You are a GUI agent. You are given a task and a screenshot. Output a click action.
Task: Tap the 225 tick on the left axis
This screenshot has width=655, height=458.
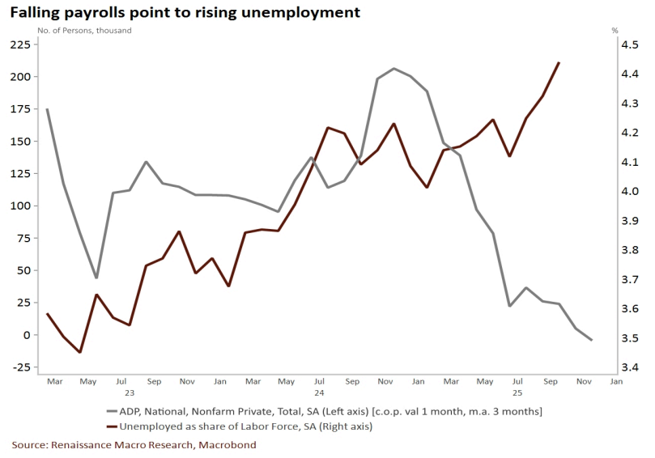20,45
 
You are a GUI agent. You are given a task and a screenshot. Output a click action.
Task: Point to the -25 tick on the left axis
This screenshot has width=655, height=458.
20,367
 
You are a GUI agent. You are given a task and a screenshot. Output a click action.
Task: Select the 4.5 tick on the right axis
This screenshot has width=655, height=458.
630,45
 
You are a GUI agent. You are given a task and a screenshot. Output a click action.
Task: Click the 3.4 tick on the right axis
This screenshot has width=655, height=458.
630,367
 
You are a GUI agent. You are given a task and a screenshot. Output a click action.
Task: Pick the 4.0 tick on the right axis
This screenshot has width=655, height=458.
630,192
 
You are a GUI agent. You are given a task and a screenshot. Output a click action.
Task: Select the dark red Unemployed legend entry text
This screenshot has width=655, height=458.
268,426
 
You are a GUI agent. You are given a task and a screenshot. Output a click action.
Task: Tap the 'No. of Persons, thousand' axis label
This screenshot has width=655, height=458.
84,30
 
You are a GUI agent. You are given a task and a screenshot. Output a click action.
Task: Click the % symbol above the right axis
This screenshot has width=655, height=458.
615,30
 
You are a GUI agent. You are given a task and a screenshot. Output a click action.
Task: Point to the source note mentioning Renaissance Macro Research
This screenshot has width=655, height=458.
134,445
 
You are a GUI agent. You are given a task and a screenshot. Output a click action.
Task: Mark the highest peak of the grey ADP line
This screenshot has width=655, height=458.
393,69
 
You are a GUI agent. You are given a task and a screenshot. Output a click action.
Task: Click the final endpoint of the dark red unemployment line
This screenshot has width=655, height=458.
559,62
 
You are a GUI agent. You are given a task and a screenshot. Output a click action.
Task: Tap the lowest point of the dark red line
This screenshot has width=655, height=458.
80,352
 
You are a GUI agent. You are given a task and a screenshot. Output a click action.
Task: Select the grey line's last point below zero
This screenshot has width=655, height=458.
592,340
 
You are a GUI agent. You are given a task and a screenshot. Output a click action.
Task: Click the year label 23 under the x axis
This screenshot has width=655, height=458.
130,392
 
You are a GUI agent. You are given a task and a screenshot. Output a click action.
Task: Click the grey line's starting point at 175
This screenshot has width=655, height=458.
47,109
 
